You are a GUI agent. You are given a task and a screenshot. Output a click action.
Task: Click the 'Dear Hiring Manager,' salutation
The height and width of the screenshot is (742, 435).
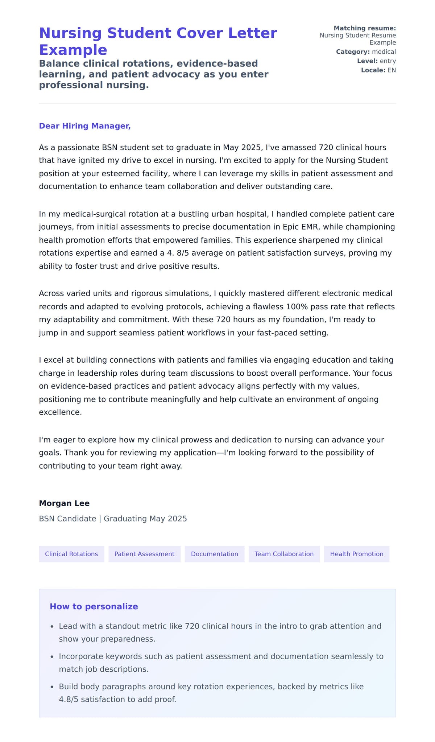click(x=84, y=126)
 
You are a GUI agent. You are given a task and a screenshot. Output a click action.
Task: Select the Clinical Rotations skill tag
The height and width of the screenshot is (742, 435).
click(x=71, y=554)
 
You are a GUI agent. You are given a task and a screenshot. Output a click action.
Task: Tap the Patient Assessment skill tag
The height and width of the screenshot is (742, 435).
click(x=144, y=554)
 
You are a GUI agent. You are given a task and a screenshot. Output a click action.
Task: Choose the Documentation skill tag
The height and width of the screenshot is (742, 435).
click(x=214, y=554)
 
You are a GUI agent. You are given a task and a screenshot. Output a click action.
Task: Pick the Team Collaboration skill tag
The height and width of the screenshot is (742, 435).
click(x=284, y=554)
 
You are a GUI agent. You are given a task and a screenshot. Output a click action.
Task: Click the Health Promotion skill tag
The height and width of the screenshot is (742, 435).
click(x=356, y=554)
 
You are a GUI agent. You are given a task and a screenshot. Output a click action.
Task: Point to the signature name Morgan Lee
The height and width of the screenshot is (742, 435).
click(x=64, y=503)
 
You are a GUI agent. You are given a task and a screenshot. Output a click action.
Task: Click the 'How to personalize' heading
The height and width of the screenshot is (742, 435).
click(x=94, y=606)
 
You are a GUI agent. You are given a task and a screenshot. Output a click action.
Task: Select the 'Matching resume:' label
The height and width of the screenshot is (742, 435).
click(x=365, y=28)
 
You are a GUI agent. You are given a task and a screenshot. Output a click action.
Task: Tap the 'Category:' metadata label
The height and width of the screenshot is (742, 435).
click(x=353, y=52)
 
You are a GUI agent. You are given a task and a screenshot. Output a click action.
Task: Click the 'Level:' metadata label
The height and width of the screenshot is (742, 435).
click(x=367, y=61)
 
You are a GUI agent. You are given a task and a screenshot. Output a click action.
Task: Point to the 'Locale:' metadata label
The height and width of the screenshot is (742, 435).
click(x=373, y=70)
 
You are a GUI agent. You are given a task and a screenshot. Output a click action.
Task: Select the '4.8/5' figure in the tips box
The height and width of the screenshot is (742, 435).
click(x=69, y=699)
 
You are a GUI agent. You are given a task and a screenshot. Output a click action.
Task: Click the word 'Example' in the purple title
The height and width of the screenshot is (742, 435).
click(x=73, y=50)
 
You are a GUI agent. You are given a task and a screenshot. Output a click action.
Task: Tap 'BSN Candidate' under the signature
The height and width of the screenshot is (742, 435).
click(x=67, y=519)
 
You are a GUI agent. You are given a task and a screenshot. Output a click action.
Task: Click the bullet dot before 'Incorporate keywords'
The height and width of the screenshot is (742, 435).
click(x=52, y=657)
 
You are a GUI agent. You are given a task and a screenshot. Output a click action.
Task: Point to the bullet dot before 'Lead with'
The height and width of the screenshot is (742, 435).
click(x=52, y=626)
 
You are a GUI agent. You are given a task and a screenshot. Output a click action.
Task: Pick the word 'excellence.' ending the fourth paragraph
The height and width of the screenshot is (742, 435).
click(x=60, y=412)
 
